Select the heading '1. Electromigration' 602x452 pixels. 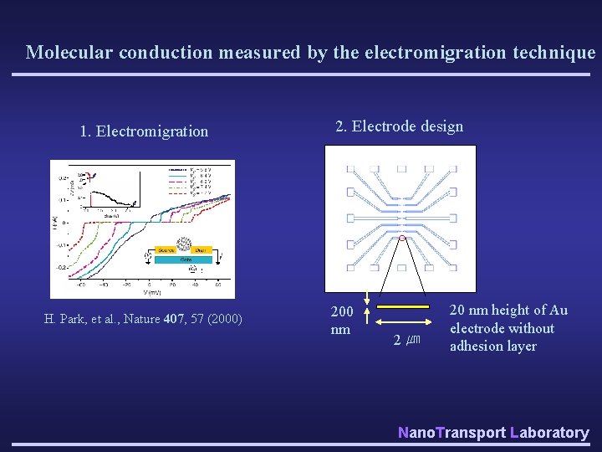pyautogui.click(x=144, y=131)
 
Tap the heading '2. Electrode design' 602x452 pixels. pyautogui.click(x=399, y=126)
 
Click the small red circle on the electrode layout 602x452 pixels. pyautogui.click(x=402, y=239)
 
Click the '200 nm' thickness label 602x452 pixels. pyautogui.click(x=341, y=320)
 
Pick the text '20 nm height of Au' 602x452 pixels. pyautogui.click(x=508, y=311)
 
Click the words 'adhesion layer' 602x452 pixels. pyautogui.click(x=493, y=347)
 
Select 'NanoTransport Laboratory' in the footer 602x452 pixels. pyautogui.click(x=493, y=432)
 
